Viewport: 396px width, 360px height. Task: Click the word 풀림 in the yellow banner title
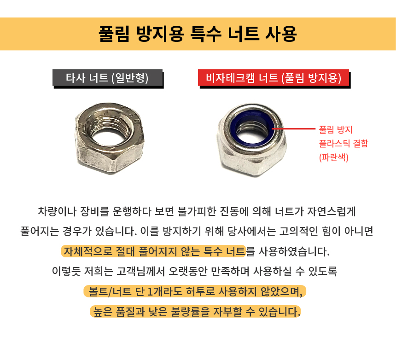[114, 34]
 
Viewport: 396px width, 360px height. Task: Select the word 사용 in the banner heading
[281, 34]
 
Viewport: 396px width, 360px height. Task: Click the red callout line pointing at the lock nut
[294, 129]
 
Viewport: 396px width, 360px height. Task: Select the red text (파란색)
[334, 157]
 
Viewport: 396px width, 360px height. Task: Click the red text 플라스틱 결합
[344, 143]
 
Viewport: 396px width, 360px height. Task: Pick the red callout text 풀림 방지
[336, 129]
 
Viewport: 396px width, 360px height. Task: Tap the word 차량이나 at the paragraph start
[57, 211]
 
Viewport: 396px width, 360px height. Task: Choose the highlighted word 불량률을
[190, 312]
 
